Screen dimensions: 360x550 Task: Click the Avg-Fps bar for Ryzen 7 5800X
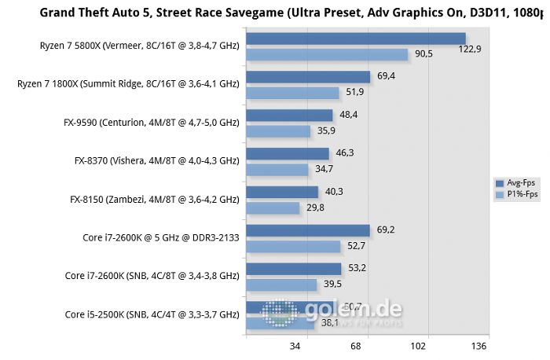(x=355, y=39)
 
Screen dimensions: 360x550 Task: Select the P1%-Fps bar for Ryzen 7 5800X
(x=327, y=54)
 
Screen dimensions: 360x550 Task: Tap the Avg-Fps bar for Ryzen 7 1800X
(x=308, y=77)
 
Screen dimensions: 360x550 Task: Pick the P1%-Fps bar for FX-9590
(x=278, y=131)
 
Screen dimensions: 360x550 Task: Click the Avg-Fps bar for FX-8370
(x=287, y=154)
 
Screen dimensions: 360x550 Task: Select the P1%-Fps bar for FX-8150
(x=273, y=208)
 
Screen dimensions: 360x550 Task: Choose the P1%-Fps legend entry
(x=515, y=194)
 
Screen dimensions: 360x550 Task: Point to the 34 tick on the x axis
(x=297, y=346)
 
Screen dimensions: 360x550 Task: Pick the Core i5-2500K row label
(x=152, y=314)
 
